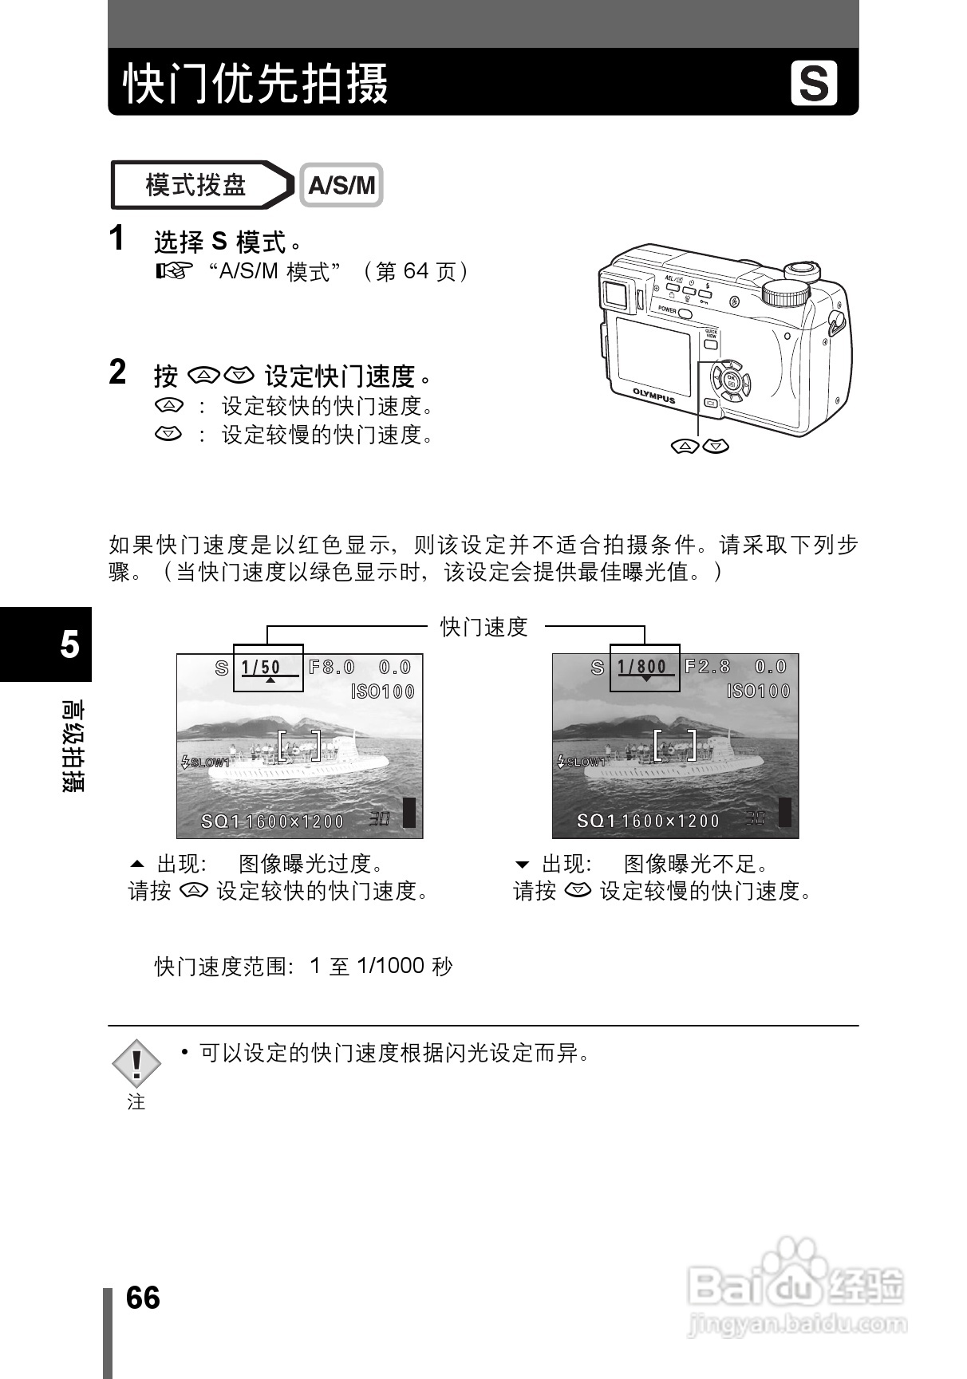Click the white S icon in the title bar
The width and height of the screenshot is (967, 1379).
coord(814,83)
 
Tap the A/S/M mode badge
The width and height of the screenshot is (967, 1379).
coord(341,186)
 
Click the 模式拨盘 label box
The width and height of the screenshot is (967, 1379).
coord(196,186)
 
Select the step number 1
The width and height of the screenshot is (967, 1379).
coord(117,238)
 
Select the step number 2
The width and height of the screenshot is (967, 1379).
coord(118,372)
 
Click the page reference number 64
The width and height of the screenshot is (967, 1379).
coord(416,272)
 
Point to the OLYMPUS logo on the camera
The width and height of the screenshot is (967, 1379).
coord(654,396)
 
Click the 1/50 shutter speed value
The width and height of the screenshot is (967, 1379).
coord(261,668)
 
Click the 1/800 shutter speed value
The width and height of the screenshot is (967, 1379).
coord(641,668)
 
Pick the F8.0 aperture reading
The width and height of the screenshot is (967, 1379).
coord(332,668)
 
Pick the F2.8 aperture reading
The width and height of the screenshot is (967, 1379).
coord(708,668)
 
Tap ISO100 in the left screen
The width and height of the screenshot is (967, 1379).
coord(383,691)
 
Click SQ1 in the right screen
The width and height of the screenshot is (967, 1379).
coord(596,821)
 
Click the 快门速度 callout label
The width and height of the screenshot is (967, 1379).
coord(484,627)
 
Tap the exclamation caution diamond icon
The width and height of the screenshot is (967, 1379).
coord(136,1064)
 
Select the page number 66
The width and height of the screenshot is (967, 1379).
coord(143,1298)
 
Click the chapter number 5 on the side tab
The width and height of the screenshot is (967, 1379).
coord(69,644)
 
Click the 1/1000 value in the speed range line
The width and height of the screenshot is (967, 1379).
coord(390,967)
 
